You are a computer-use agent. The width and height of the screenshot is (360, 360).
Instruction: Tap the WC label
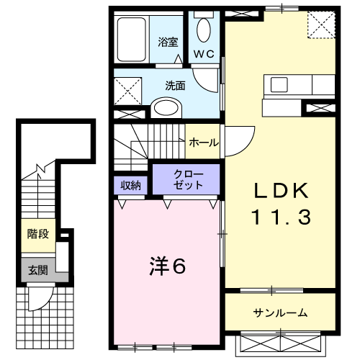[x=203, y=53]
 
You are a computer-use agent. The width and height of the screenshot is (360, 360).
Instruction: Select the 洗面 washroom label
[x=174, y=84]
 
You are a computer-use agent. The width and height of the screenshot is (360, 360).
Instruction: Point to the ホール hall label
[x=204, y=143]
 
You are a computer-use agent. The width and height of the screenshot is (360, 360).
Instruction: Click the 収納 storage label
[x=130, y=184]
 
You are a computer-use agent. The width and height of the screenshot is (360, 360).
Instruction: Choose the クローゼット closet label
[x=189, y=179]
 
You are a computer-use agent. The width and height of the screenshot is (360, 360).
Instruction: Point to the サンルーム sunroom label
[x=279, y=312]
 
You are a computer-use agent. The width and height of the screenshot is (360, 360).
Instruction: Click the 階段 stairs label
[x=37, y=233]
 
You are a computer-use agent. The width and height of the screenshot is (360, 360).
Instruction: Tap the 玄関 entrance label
[x=37, y=271]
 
